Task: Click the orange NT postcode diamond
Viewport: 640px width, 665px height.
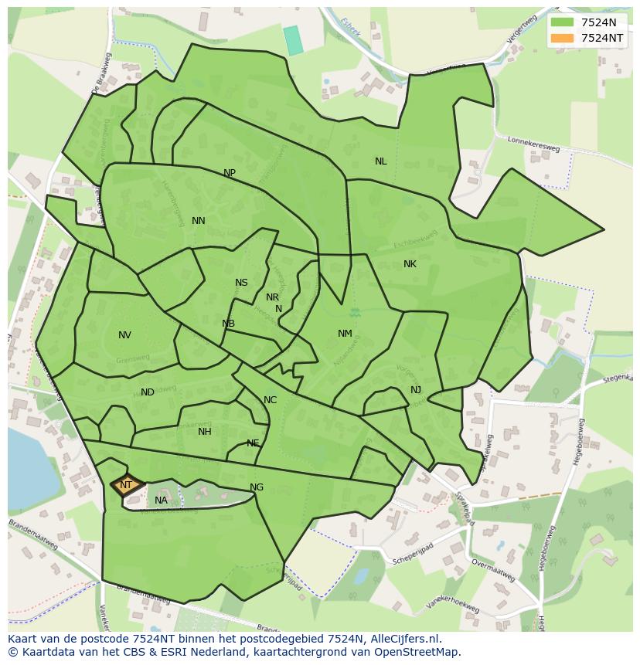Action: pyautogui.click(x=127, y=485)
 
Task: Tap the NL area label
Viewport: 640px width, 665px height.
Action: pyautogui.click(x=380, y=161)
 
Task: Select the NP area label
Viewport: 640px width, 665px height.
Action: pyautogui.click(x=230, y=173)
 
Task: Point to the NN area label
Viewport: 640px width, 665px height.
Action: pyautogui.click(x=199, y=221)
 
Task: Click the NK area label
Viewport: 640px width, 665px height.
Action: pyautogui.click(x=410, y=264)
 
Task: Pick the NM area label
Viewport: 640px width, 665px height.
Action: pyautogui.click(x=345, y=334)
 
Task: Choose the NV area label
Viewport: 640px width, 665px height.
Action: pyautogui.click(x=124, y=335)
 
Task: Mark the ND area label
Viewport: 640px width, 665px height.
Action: pyautogui.click(x=148, y=392)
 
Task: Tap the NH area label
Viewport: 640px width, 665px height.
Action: pyautogui.click(x=204, y=432)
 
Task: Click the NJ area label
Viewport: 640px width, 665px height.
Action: pyautogui.click(x=416, y=390)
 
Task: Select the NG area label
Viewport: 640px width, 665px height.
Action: pyautogui.click(x=257, y=487)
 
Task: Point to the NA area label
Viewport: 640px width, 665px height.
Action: pyautogui.click(x=161, y=500)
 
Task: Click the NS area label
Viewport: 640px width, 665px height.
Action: pyautogui.click(x=241, y=283)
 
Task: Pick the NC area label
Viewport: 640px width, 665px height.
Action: pyautogui.click(x=270, y=400)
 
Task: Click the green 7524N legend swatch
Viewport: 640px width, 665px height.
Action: pyautogui.click(x=563, y=22)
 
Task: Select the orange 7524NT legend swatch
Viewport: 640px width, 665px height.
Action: pyautogui.click(x=563, y=38)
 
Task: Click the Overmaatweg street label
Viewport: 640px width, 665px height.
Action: pyautogui.click(x=493, y=570)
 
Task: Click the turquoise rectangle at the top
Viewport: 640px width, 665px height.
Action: pyautogui.click(x=294, y=40)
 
